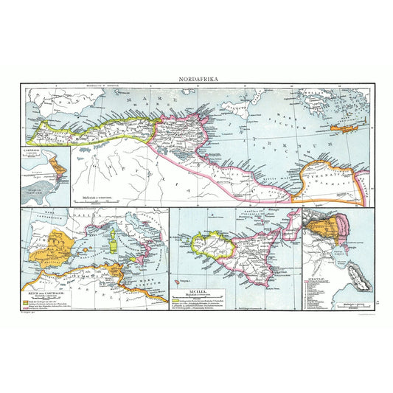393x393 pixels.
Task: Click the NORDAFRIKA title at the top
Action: click(x=196, y=77)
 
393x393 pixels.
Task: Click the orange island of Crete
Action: click(x=344, y=126)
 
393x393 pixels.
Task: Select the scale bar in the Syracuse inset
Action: click(x=341, y=302)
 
